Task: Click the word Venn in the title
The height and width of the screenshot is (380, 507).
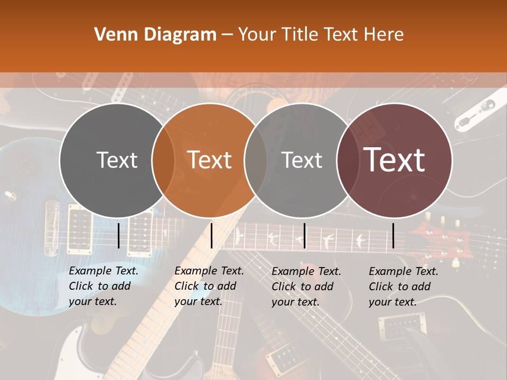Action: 112,35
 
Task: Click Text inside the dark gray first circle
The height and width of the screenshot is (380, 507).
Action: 117,160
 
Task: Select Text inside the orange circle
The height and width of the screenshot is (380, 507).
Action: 210,160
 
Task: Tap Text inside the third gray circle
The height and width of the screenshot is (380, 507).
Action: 302,160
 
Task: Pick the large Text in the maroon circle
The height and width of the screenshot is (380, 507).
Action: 395,160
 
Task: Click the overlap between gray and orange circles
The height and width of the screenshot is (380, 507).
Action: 163,160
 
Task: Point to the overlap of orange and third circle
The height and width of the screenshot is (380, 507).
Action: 256,160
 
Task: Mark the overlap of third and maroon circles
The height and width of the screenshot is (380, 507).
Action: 348,160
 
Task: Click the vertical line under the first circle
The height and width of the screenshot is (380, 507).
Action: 119,235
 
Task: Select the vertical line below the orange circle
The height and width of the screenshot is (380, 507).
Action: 211,235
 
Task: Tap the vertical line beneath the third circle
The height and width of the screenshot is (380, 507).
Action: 305,235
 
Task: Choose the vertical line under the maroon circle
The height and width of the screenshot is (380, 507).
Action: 393,235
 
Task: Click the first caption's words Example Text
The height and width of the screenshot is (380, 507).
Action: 104,271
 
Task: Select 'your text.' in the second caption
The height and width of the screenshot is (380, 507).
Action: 198,301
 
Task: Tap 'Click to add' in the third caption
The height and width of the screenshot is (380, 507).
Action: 303,287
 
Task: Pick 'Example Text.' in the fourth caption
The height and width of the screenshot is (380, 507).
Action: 403,271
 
